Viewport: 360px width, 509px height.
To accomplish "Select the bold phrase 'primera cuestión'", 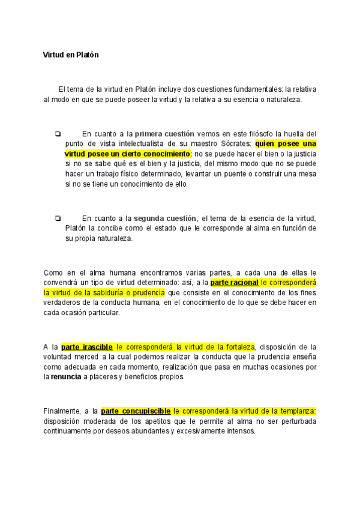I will click(164, 133).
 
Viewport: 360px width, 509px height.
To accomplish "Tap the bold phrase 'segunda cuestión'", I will click(165, 218).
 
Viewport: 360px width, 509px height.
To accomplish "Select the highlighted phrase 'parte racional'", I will click(235, 282).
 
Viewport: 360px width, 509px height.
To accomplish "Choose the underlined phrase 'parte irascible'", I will click(87, 346).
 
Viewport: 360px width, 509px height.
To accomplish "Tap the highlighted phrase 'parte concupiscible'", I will click(136, 411).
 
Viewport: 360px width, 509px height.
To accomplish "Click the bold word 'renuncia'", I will click(67, 377).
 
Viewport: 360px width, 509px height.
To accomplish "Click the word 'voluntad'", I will click(58, 357).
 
